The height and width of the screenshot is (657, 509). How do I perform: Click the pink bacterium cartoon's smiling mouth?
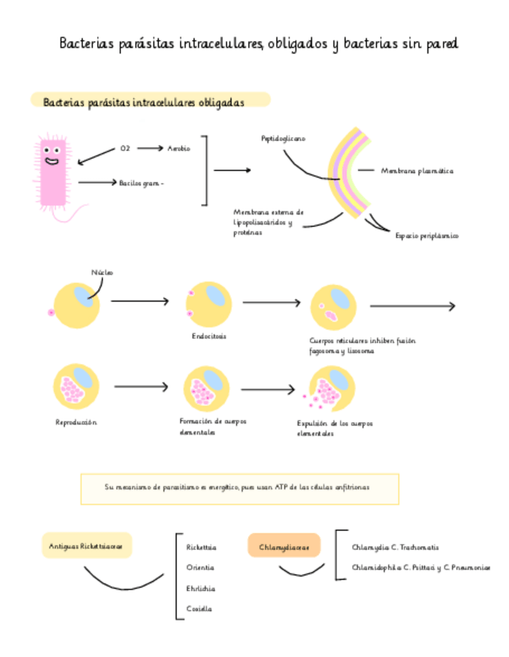pyautogui.click(x=52, y=163)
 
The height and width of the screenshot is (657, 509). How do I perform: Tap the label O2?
pyautogui.click(x=125, y=148)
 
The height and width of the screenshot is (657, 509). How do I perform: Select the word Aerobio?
pyautogui.click(x=179, y=148)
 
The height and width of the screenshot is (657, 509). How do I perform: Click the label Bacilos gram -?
pyautogui.click(x=141, y=183)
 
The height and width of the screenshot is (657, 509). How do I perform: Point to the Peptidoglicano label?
pyautogui.click(x=283, y=139)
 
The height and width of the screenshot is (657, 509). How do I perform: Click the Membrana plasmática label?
pyautogui.click(x=417, y=170)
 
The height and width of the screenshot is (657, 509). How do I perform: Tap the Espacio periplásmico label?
pyautogui.click(x=427, y=236)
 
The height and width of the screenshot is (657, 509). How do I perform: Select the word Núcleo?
pyautogui.click(x=102, y=273)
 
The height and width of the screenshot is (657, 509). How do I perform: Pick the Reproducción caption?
pyautogui.click(x=76, y=422)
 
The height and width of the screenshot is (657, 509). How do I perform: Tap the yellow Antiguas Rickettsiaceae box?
pyautogui.click(x=86, y=546)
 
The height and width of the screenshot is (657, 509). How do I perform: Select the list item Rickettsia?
pyautogui.click(x=202, y=547)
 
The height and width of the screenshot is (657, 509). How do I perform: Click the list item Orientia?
pyautogui.click(x=200, y=568)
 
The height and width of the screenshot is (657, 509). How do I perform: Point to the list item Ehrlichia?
pyautogui.click(x=201, y=588)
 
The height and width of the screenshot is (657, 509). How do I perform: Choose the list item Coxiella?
pyautogui.click(x=199, y=609)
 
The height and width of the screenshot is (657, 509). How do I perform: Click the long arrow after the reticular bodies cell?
pyautogui.click(x=412, y=306)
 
